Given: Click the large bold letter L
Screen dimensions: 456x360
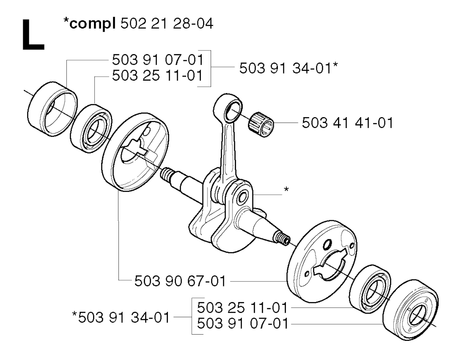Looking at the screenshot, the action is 33,35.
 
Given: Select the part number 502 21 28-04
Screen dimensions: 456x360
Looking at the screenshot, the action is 167,23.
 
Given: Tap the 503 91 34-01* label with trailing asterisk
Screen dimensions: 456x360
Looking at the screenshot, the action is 289,69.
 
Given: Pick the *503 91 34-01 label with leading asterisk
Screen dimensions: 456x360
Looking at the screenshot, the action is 121,317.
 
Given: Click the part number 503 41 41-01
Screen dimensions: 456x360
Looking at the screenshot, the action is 347,123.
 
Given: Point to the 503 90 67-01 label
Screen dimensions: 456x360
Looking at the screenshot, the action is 180,282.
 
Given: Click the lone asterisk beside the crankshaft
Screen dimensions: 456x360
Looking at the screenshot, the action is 286,189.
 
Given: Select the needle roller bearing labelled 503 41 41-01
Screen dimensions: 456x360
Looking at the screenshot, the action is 261,124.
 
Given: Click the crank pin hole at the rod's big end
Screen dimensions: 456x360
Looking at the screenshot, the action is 242,198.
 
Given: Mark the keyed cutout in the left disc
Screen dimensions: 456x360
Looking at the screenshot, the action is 136,148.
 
